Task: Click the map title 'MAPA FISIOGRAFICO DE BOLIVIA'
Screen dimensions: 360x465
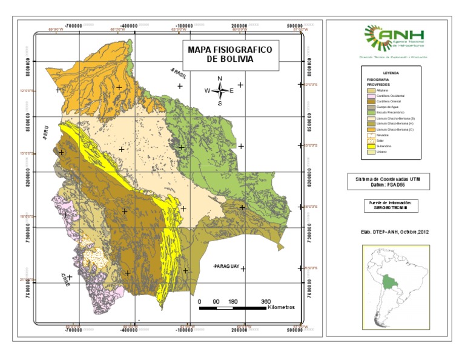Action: [x=230, y=55]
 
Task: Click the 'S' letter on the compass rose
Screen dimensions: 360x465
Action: [x=220, y=103]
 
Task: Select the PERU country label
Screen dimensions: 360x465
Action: [x=44, y=133]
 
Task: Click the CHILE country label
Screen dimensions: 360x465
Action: [x=64, y=279]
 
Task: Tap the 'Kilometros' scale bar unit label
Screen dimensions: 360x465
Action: [x=280, y=307]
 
